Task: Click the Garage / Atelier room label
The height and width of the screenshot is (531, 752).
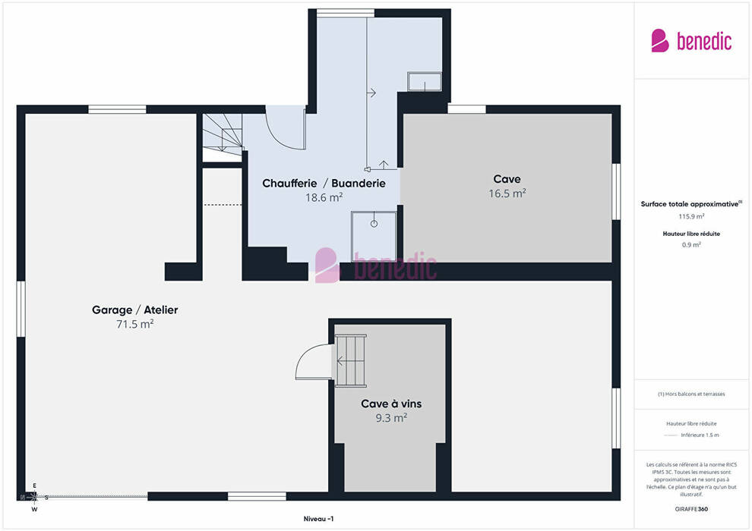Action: pyautogui.click(x=134, y=309)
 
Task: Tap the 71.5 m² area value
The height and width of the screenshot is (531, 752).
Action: pyautogui.click(x=134, y=324)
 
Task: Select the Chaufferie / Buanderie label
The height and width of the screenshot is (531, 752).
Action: pyautogui.click(x=324, y=184)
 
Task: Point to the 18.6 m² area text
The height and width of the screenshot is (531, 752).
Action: pyautogui.click(x=324, y=197)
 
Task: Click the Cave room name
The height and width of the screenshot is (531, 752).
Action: pyautogui.click(x=507, y=179)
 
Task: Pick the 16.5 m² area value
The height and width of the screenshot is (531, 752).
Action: pyautogui.click(x=507, y=193)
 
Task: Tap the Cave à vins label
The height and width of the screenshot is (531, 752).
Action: pyautogui.click(x=391, y=404)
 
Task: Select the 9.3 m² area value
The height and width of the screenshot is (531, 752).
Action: pyautogui.click(x=391, y=418)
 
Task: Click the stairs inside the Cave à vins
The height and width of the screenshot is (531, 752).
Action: pyautogui.click(x=351, y=360)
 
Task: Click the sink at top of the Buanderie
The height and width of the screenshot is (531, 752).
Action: pyautogui.click(x=425, y=81)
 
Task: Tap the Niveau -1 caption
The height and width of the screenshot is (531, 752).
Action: pyautogui.click(x=318, y=519)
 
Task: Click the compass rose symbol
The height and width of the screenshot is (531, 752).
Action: pyautogui.click(x=34, y=498)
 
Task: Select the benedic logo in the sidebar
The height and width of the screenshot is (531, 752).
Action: pyautogui.click(x=691, y=41)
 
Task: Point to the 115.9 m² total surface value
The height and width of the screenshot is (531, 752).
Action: pyautogui.click(x=691, y=216)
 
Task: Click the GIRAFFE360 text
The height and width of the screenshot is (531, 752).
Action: pyautogui.click(x=691, y=509)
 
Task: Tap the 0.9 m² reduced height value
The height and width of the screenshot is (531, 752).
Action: pyautogui.click(x=691, y=245)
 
